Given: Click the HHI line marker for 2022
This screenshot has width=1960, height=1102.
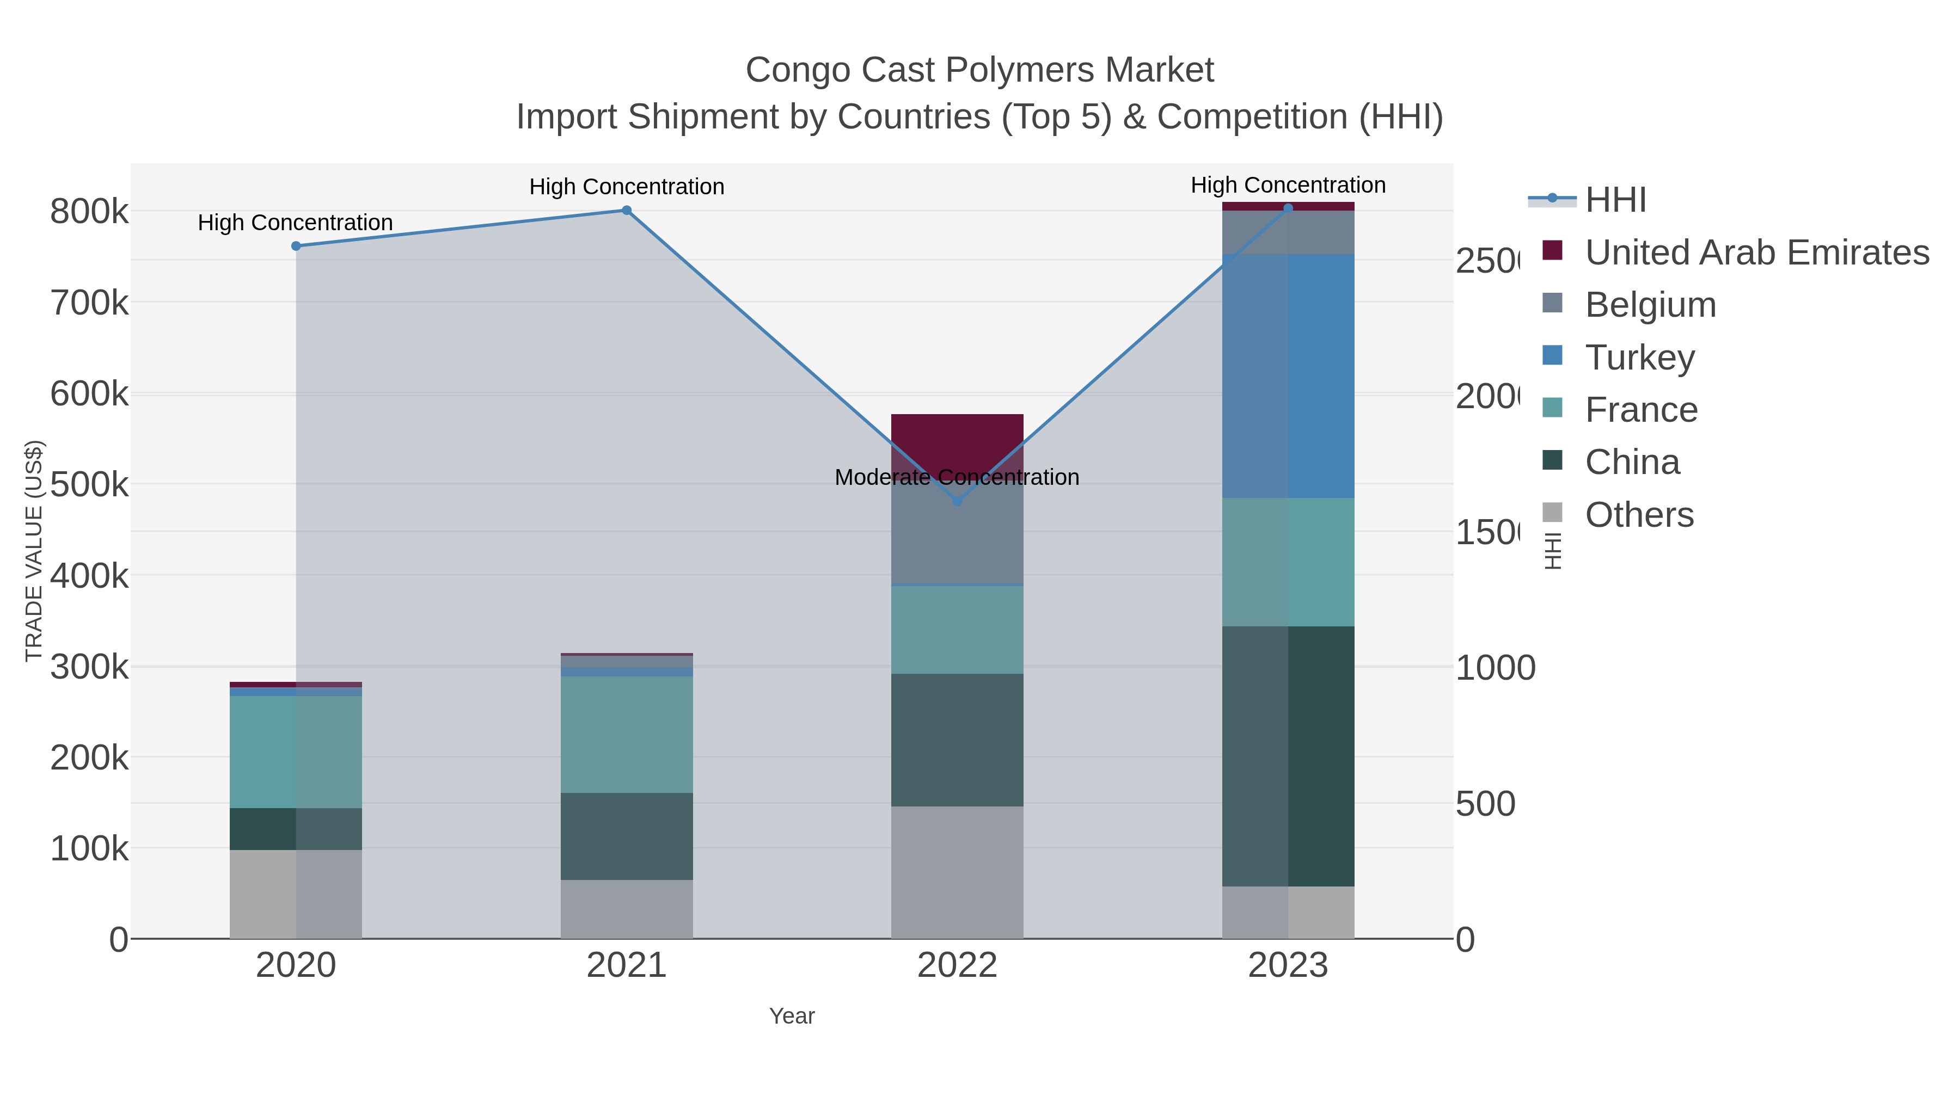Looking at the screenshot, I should [957, 501].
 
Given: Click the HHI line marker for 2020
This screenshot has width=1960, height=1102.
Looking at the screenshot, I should [296, 245].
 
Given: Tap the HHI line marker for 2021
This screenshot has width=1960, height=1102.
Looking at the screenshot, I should [626, 210].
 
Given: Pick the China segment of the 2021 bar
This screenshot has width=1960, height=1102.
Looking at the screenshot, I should [626, 836].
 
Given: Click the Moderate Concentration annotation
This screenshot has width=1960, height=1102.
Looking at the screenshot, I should [957, 477].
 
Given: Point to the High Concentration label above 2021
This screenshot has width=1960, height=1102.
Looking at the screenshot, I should [626, 186].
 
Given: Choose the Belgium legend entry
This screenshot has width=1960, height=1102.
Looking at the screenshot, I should [1650, 304].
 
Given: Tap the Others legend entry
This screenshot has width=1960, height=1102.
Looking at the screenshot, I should [1639, 515].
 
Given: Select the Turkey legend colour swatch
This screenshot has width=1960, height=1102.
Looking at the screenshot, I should [1552, 355].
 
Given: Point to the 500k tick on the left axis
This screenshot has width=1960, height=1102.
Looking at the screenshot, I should [89, 484].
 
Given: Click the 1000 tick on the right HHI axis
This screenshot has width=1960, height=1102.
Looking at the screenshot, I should [1495, 668].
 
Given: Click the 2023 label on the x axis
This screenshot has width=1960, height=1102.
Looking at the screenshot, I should [1288, 965].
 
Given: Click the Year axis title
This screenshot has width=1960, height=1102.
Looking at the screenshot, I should [791, 1016].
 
